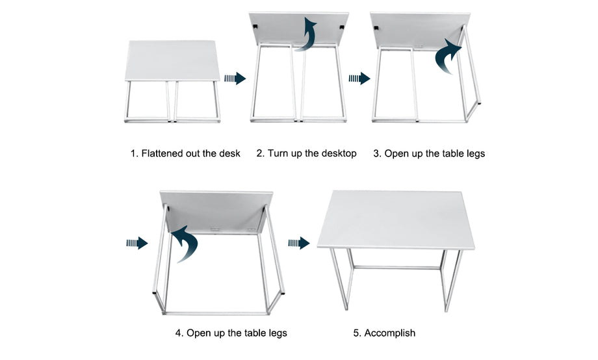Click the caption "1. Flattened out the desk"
pyautogui.click(x=185, y=153)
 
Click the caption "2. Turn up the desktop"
pyautogui.click(x=306, y=153)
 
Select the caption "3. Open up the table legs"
pyautogui.click(x=429, y=154)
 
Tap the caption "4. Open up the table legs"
pyautogui.click(x=231, y=333)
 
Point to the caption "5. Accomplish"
pyautogui.click(x=384, y=333)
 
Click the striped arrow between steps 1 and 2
pyautogui.click(x=235, y=79)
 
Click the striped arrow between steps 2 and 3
pyautogui.click(x=359, y=79)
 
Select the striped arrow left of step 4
pyautogui.click(x=137, y=243)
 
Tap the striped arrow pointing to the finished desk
pyautogui.click(x=298, y=243)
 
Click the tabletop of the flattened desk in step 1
pyautogui.click(x=172, y=60)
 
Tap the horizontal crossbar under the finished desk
pyautogui.click(x=396, y=268)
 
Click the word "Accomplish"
pyautogui.click(x=390, y=333)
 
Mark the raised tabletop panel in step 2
pyautogui.click(x=298, y=29)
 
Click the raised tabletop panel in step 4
pyautogui.click(x=216, y=212)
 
